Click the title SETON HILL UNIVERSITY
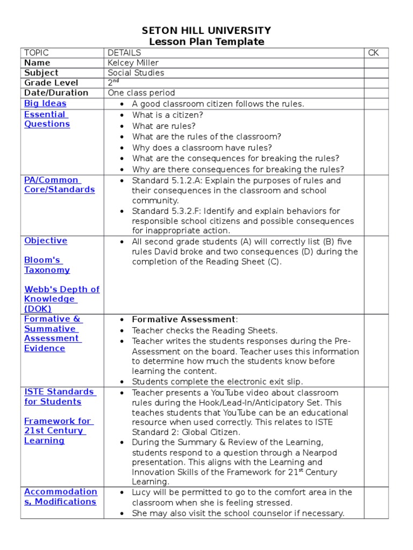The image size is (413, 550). click(x=206, y=31)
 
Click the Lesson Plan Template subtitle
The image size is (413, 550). click(x=206, y=42)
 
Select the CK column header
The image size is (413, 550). click(x=374, y=53)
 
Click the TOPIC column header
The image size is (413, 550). click(x=37, y=53)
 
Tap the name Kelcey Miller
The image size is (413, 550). click(x=133, y=63)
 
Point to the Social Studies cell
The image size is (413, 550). click(x=136, y=73)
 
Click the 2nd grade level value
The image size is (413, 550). click(x=113, y=82)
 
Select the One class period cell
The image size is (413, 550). click(x=141, y=93)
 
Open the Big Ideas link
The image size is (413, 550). click(x=45, y=104)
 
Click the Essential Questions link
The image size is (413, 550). click(x=47, y=119)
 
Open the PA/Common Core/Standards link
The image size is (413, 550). click(x=59, y=185)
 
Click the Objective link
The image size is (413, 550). click(x=46, y=241)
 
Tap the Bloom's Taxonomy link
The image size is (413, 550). click(x=47, y=265)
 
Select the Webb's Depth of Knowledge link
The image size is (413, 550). click(x=61, y=299)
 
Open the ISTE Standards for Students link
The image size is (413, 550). click(x=59, y=397)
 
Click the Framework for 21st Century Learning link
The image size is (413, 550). click(x=57, y=431)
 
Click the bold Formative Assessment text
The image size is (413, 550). click(x=183, y=320)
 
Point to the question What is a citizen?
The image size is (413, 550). click(x=168, y=115)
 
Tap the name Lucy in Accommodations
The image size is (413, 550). click(x=142, y=493)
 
